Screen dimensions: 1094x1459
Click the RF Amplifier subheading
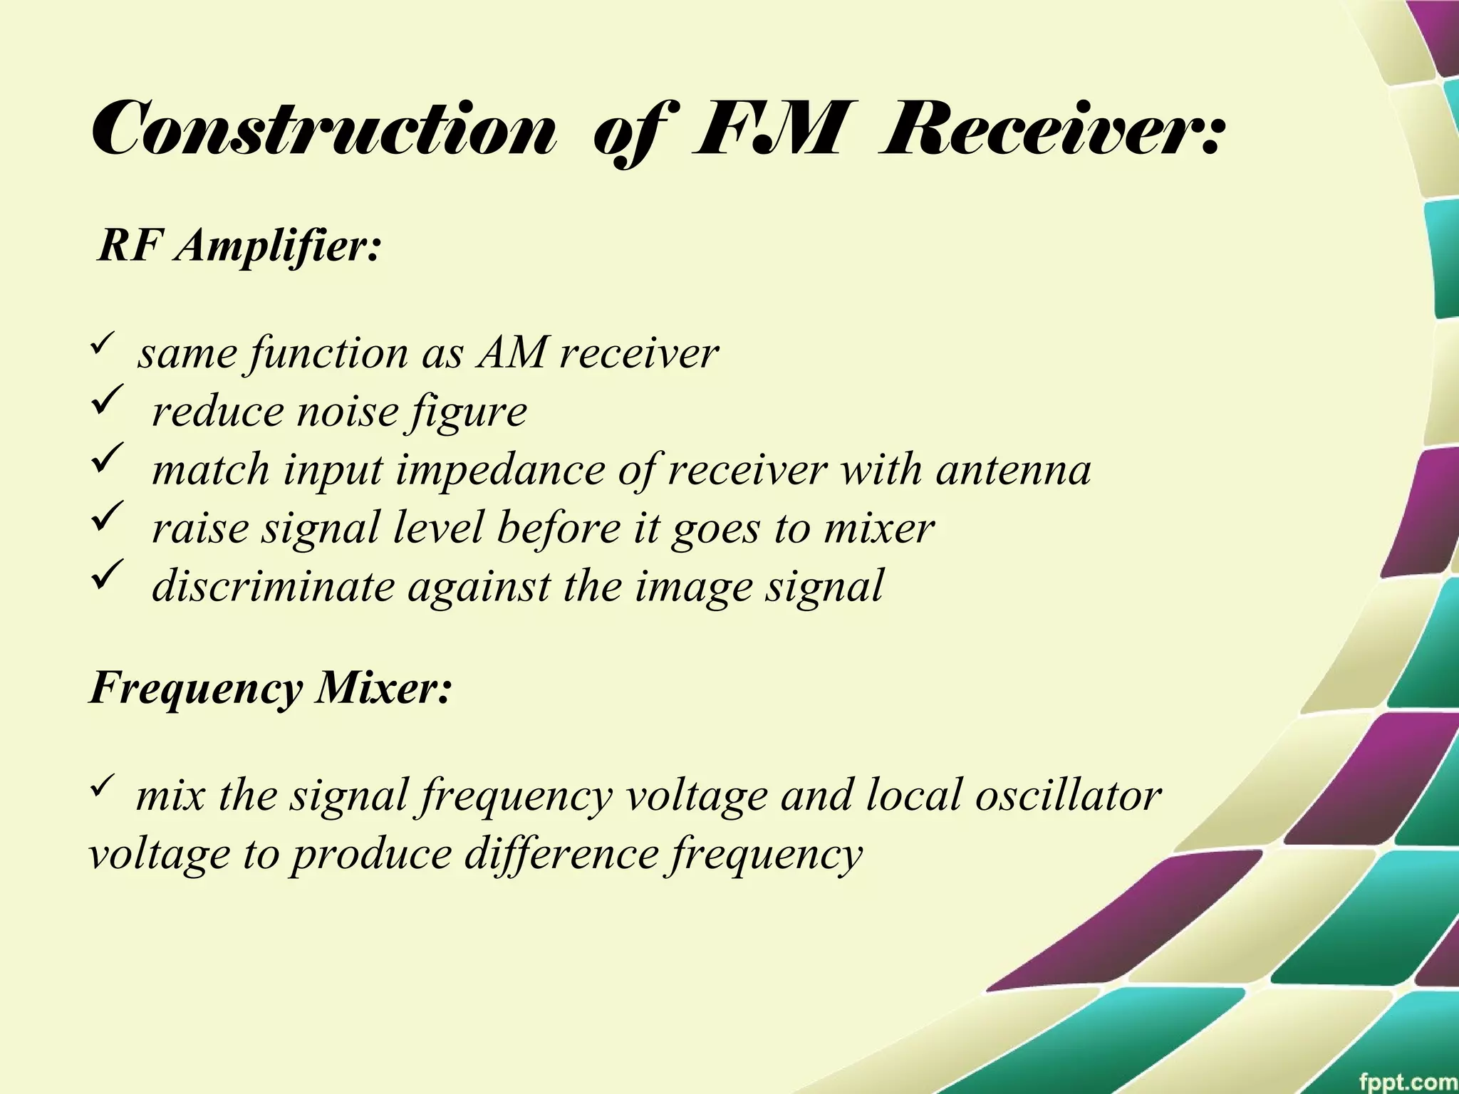click(x=239, y=247)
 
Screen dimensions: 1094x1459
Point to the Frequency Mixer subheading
click(x=271, y=689)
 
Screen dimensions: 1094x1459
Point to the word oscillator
click(x=1069, y=795)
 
